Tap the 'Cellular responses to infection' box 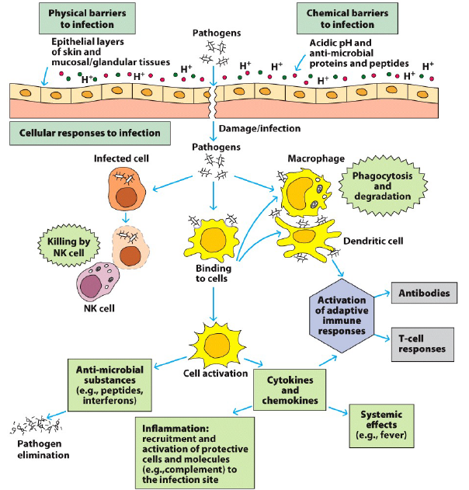click(90, 132)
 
